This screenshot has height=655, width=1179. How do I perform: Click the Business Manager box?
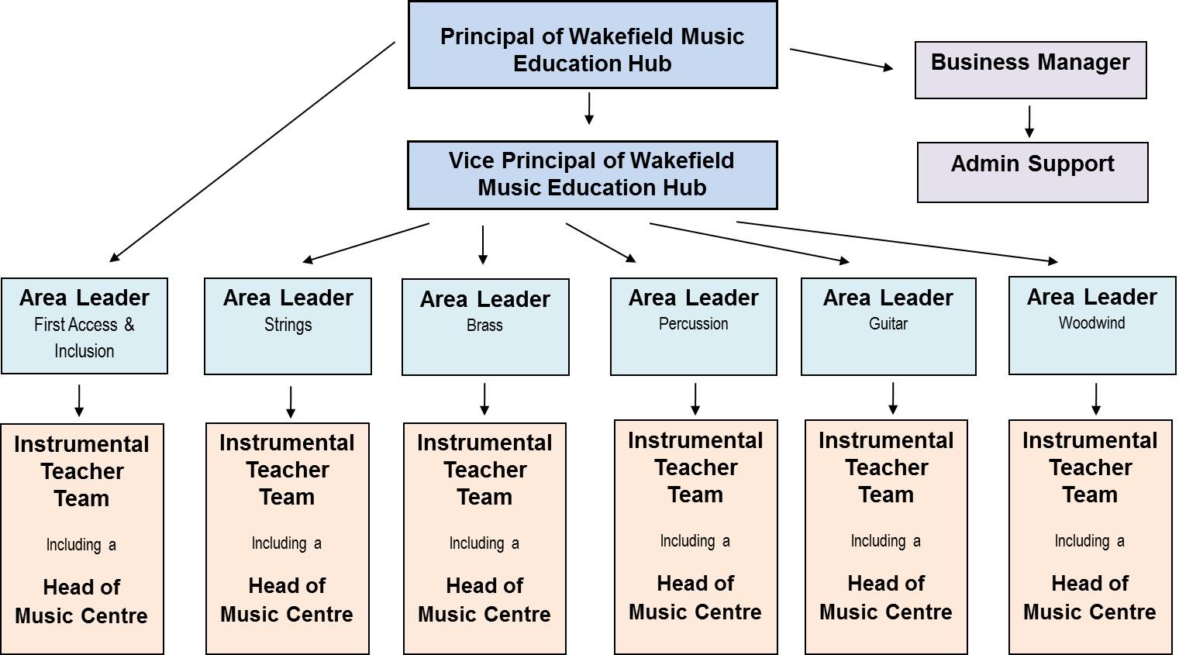[1030, 70]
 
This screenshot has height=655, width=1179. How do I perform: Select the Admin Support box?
[1032, 172]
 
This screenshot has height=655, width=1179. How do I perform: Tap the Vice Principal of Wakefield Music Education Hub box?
[592, 175]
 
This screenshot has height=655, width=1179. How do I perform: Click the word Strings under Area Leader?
[288, 325]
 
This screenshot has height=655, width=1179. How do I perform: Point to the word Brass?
[484, 326]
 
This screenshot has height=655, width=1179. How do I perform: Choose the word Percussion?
[693, 324]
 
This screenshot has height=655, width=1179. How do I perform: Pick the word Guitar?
[888, 324]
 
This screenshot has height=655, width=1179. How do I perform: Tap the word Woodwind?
[1091, 323]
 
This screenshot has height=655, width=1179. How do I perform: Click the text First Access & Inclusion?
[84, 337]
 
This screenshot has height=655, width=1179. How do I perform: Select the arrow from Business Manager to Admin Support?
[1029, 122]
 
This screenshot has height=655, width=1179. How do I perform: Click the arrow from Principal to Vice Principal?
[589, 109]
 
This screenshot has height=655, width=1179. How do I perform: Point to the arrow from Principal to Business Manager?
[841, 60]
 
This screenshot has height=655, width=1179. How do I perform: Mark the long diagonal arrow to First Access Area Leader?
[252, 152]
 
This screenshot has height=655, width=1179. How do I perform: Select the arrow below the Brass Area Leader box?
[484, 398]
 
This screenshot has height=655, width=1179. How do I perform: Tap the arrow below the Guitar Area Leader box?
[893, 398]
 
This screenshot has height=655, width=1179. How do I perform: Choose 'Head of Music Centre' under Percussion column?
[695, 598]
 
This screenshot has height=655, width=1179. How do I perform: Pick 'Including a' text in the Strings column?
[286, 543]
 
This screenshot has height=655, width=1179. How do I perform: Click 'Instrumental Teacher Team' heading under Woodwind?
[1089, 467]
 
